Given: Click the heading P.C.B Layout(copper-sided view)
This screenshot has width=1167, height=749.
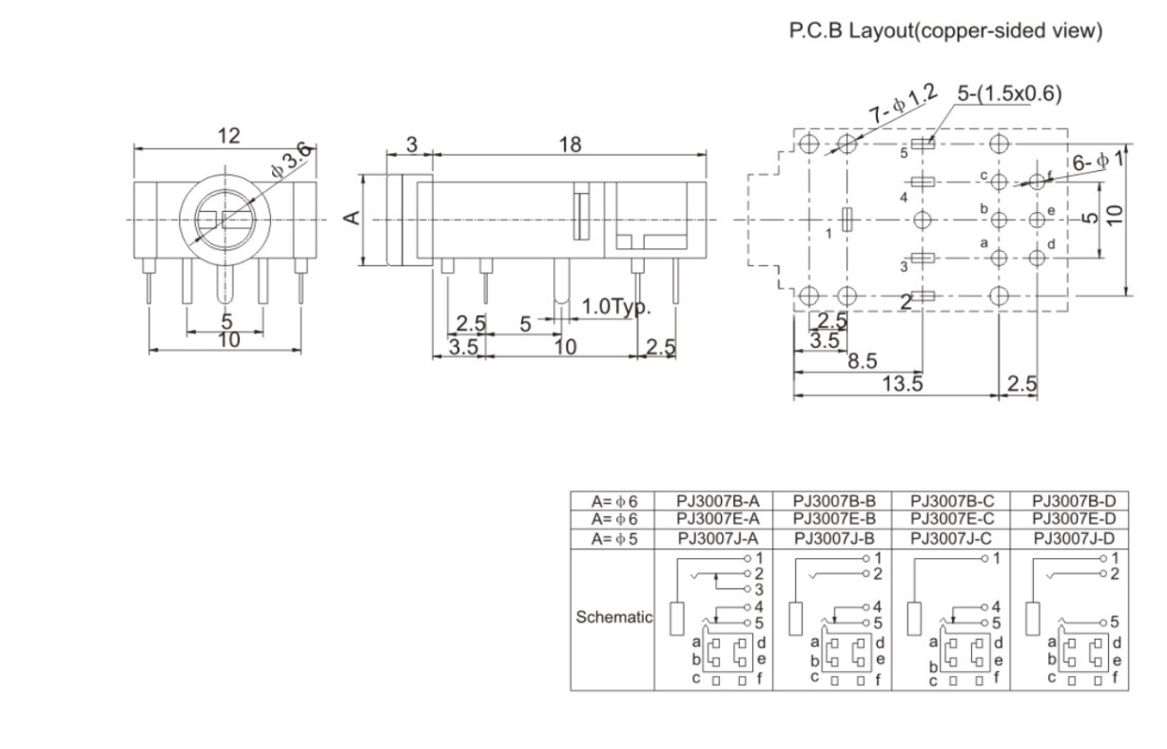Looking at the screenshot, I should (x=946, y=31).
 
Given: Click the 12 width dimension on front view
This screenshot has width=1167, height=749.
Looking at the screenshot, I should (x=226, y=136).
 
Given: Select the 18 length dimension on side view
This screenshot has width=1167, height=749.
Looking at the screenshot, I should (x=569, y=144).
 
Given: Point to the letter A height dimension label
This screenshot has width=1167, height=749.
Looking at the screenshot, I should (x=352, y=219).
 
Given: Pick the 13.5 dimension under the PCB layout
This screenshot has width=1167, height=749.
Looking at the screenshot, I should (x=903, y=383).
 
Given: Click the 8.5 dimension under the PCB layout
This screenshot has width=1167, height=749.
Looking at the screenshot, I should (x=863, y=361).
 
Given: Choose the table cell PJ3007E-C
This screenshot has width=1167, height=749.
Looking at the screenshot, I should (x=952, y=518).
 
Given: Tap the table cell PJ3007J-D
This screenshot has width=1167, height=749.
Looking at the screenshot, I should (x=1073, y=537).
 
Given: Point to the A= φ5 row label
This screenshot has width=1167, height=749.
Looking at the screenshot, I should (x=614, y=537).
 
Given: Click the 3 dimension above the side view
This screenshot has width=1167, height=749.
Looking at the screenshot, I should (x=411, y=144).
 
